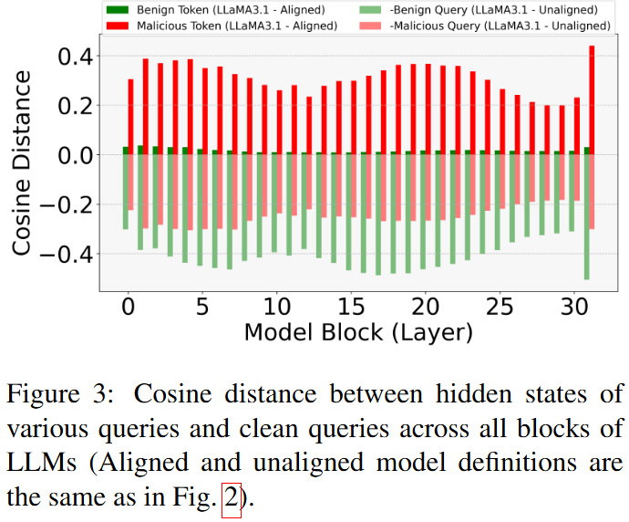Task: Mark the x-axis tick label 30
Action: pyautogui.click(x=573, y=303)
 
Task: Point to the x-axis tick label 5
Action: pyautogui.click(x=201, y=303)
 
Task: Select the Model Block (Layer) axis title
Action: pyautogui.click(x=358, y=332)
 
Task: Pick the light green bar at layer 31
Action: pyautogui.click(x=586, y=217)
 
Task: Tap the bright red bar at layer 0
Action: pyautogui.click(x=131, y=117)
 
